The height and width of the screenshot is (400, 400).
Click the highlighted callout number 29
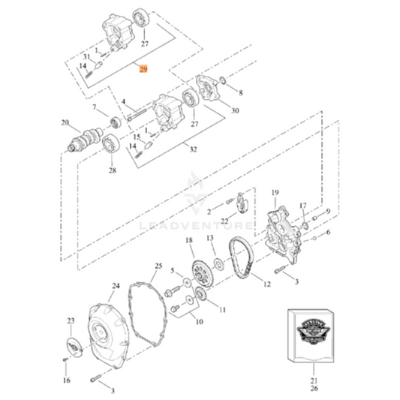[143, 69]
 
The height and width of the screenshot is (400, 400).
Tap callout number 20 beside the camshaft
[65, 122]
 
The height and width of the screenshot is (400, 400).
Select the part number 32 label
[193, 149]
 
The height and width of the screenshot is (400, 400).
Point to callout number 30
[235, 111]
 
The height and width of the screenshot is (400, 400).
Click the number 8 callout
[241, 93]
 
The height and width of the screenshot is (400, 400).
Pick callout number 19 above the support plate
[275, 192]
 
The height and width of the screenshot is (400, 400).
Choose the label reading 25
[158, 266]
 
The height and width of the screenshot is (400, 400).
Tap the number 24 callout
[116, 286]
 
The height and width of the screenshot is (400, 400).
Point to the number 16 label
[66, 380]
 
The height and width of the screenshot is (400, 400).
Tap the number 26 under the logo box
[313, 389]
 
